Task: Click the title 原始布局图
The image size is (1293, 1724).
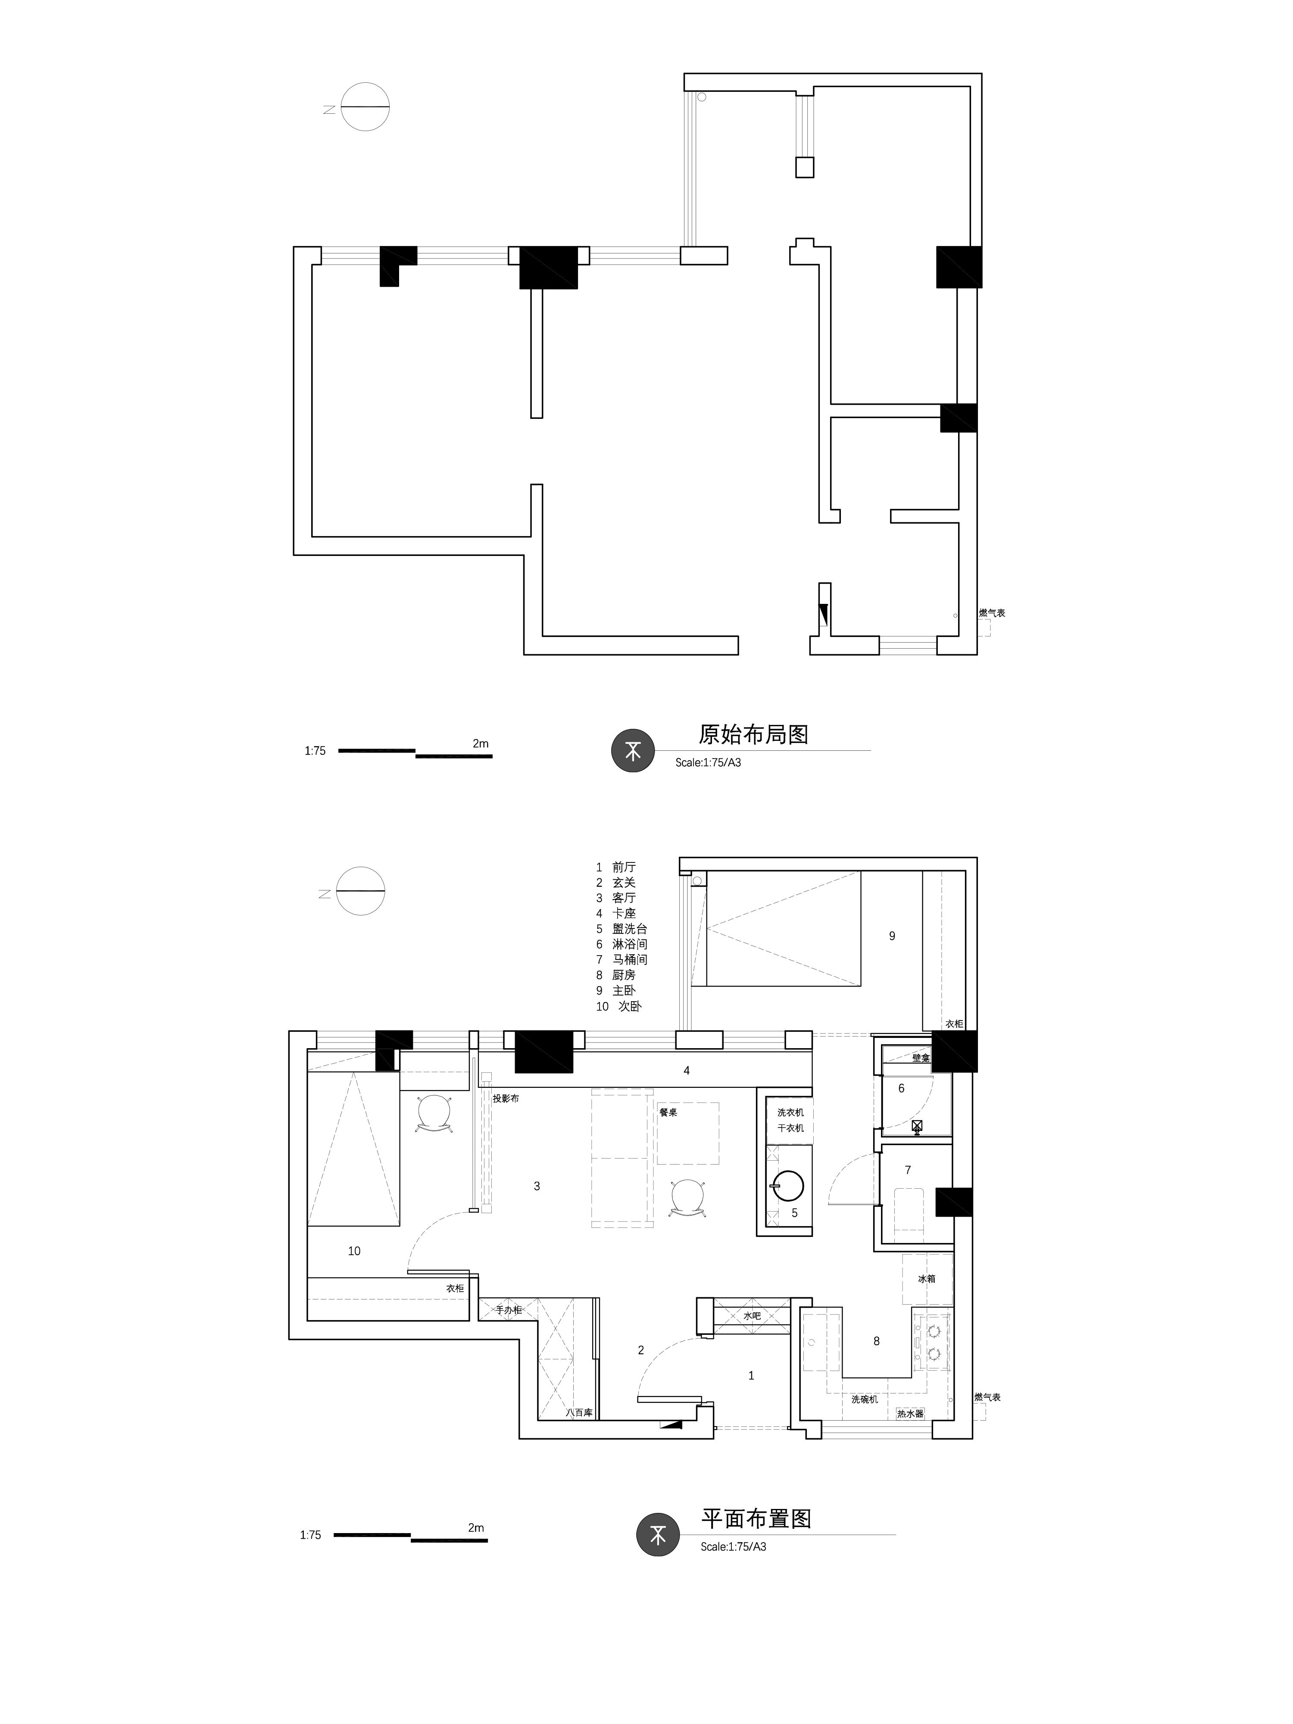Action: [x=753, y=734]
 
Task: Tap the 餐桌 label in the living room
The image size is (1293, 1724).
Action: [x=668, y=1112]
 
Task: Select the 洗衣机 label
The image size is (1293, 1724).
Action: [x=790, y=1112]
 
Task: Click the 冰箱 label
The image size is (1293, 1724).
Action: [x=927, y=1279]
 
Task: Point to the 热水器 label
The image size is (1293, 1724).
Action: [x=910, y=1413]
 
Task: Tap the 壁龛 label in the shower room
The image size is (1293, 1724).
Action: [x=921, y=1058]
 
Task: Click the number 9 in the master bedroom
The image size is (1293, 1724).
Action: [x=893, y=936]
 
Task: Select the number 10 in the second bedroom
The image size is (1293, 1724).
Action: [x=354, y=1251]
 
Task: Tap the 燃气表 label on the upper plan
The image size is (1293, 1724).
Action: [x=992, y=612]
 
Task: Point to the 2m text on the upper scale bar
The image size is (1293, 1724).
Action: [x=481, y=743]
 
